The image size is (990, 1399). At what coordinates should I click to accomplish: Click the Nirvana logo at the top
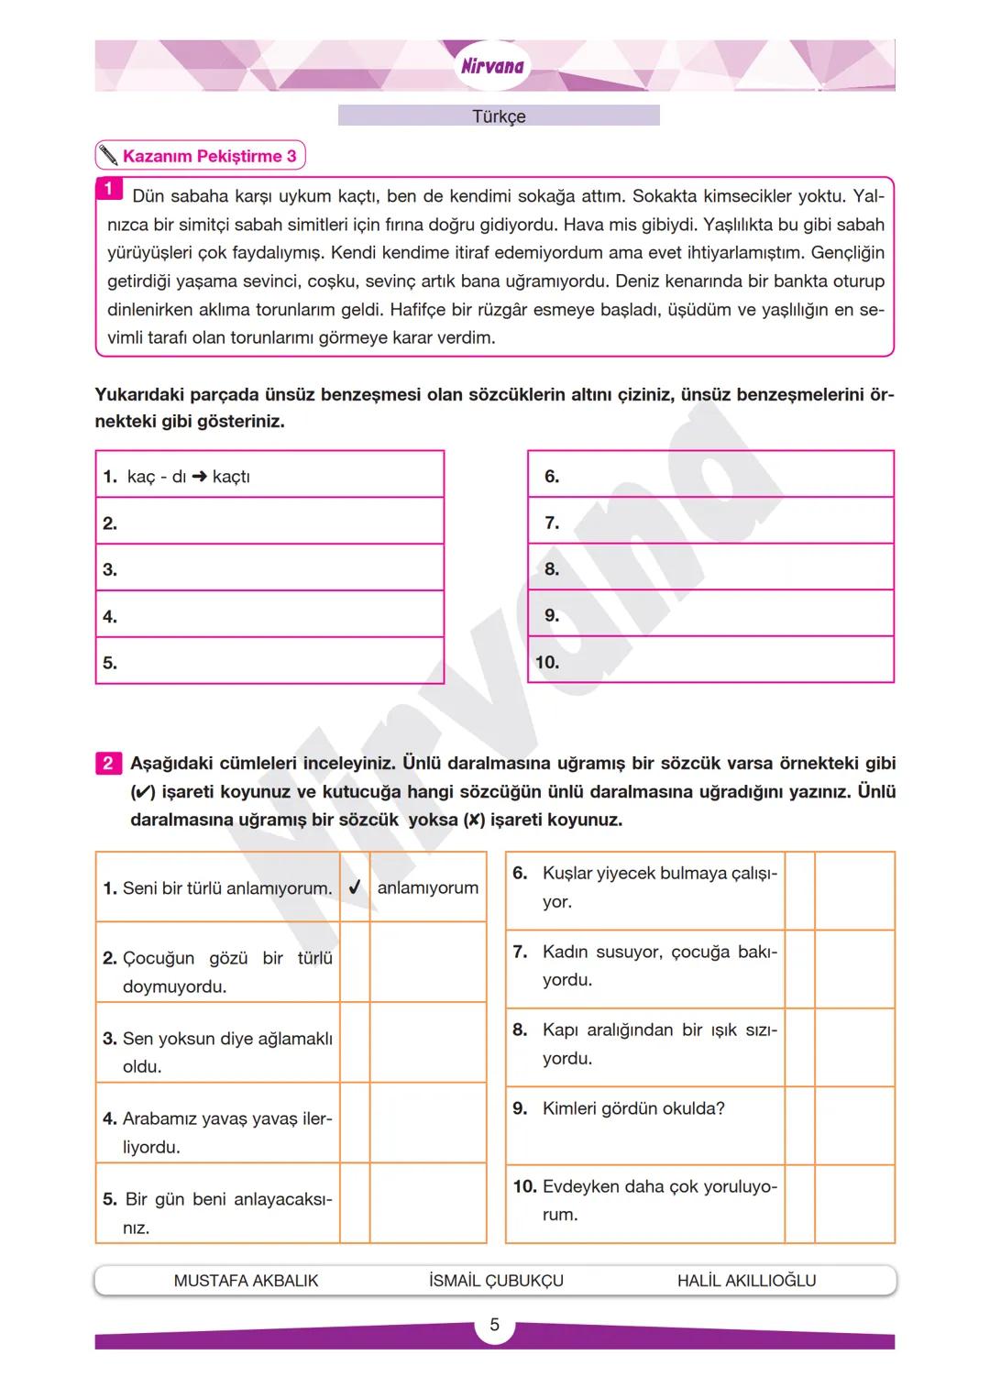492,66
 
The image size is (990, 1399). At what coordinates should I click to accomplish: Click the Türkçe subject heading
499,116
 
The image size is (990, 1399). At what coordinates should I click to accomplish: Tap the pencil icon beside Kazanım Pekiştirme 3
109,156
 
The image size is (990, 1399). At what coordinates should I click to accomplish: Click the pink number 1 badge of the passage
108,189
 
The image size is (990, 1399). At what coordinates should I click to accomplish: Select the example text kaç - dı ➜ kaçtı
189,477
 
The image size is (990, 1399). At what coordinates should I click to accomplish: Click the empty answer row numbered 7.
710,523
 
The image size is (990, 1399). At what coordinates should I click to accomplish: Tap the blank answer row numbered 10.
710,662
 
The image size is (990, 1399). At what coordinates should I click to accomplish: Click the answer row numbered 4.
269,616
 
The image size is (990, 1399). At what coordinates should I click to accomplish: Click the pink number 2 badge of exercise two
108,763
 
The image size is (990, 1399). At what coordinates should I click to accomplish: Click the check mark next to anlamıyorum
355,887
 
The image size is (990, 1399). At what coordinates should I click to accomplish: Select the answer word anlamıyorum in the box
428,887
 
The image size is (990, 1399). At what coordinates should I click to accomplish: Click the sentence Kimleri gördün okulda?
633,1108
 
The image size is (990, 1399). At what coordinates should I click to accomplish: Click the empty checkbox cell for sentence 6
799,890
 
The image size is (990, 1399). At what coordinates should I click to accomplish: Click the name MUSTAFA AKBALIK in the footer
246,1281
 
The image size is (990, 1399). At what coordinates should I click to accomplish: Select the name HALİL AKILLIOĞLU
746,1281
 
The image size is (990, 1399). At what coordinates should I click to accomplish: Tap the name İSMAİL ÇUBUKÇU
496,1281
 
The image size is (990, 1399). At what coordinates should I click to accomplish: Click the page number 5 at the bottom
495,1325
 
